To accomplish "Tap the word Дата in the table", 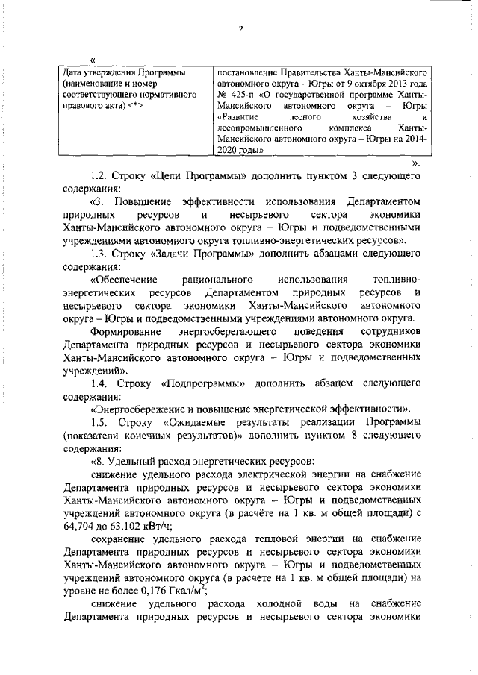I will click(75, 73).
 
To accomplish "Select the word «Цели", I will click(168, 176).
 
